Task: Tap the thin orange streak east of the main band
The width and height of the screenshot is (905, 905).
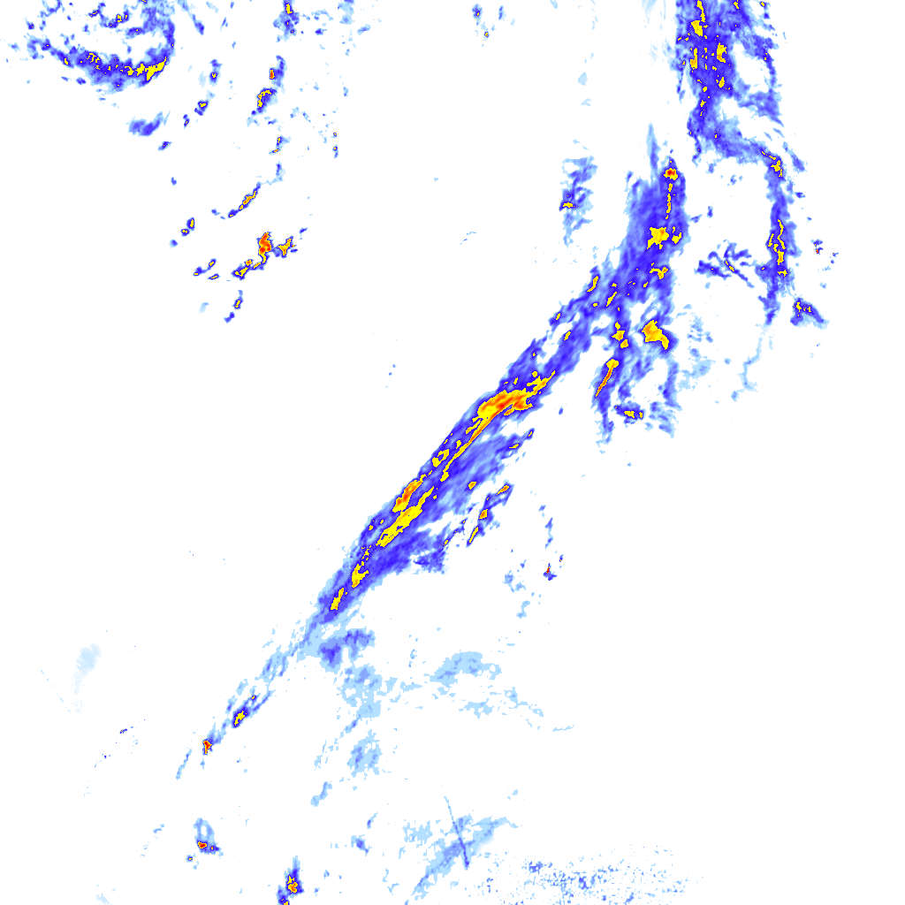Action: [x=606, y=377]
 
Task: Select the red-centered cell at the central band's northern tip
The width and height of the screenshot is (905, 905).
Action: [x=671, y=172]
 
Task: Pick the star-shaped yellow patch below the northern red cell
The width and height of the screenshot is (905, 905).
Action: [x=659, y=236]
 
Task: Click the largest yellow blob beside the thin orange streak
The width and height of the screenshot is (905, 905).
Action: [x=655, y=333]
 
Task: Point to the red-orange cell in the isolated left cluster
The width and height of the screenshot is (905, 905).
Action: [x=264, y=243]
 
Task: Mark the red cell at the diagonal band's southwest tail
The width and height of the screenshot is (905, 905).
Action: [x=207, y=746]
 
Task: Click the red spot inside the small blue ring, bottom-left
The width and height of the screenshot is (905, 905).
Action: [x=202, y=846]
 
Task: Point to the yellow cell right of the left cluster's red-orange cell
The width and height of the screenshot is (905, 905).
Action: [x=285, y=248]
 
